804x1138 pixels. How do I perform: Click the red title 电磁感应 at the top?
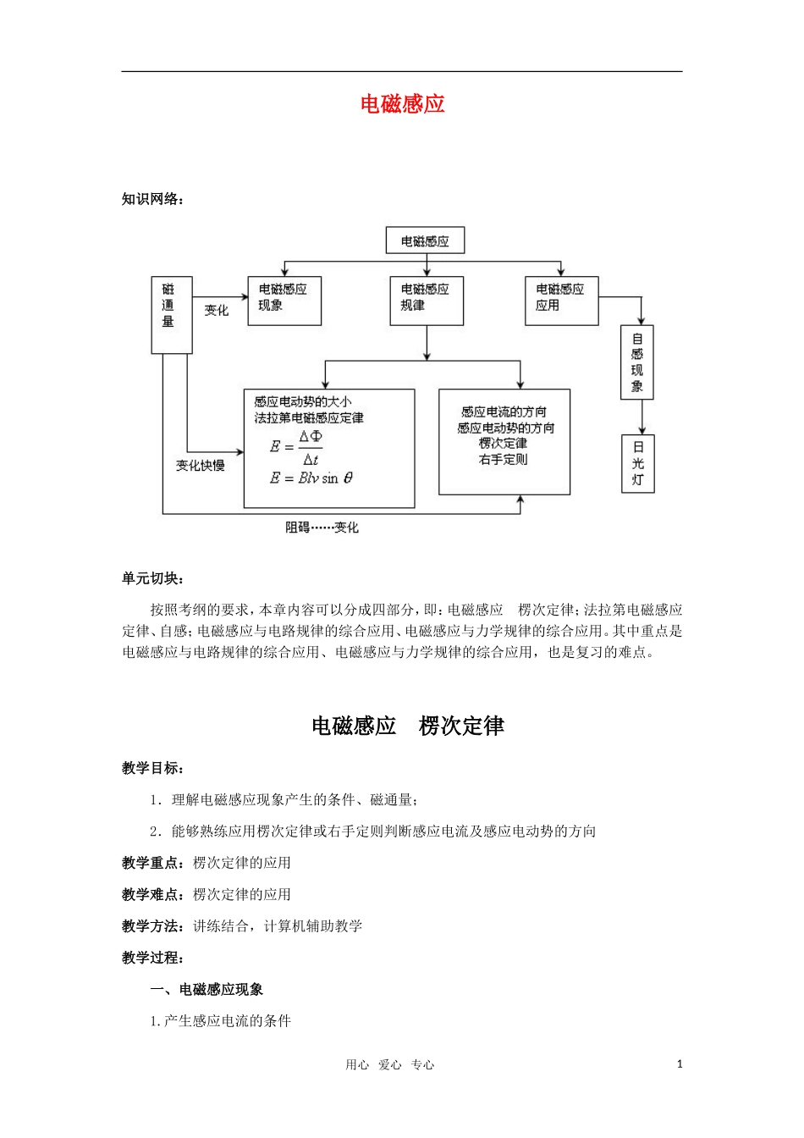(x=402, y=104)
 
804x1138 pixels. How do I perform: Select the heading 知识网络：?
(x=152, y=199)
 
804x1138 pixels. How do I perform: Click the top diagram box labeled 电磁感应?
(x=425, y=241)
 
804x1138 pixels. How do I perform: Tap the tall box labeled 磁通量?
(x=171, y=314)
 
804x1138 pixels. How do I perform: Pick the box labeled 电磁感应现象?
(x=284, y=300)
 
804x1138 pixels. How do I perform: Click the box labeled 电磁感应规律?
(x=426, y=300)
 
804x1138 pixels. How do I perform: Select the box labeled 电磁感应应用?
(x=561, y=300)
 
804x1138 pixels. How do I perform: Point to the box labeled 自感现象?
(x=637, y=362)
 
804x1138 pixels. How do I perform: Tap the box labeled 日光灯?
(x=638, y=462)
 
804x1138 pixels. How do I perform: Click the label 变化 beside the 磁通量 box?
(x=217, y=311)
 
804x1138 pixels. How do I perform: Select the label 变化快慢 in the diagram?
(x=201, y=466)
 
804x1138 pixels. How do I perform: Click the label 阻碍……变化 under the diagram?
(x=322, y=528)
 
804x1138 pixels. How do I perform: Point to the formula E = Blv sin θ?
(x=311, y=478)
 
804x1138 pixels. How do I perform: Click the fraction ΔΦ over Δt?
(x=311, y=448)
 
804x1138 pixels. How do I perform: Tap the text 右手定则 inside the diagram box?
(x=504, y=459)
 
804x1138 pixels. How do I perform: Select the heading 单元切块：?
(x=152, y=578)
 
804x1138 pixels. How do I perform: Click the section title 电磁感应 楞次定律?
(x=408, y=726)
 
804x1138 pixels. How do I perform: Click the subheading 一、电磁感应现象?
(x=207, y=989)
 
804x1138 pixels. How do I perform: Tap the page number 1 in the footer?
(x=680, y=1064)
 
